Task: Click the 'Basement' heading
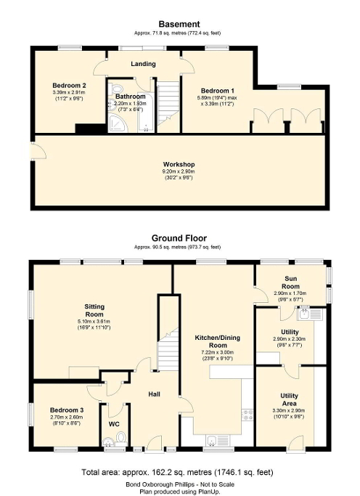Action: (179, 24)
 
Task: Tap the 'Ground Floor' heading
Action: (179, 237)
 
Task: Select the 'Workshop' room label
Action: (179, 164)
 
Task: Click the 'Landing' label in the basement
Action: (143, 64)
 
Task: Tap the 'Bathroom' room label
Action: (130, 97)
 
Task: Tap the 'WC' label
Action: (113, 423)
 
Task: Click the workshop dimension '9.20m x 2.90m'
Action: (179, 172)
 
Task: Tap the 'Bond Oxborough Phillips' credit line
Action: (179, 483)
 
